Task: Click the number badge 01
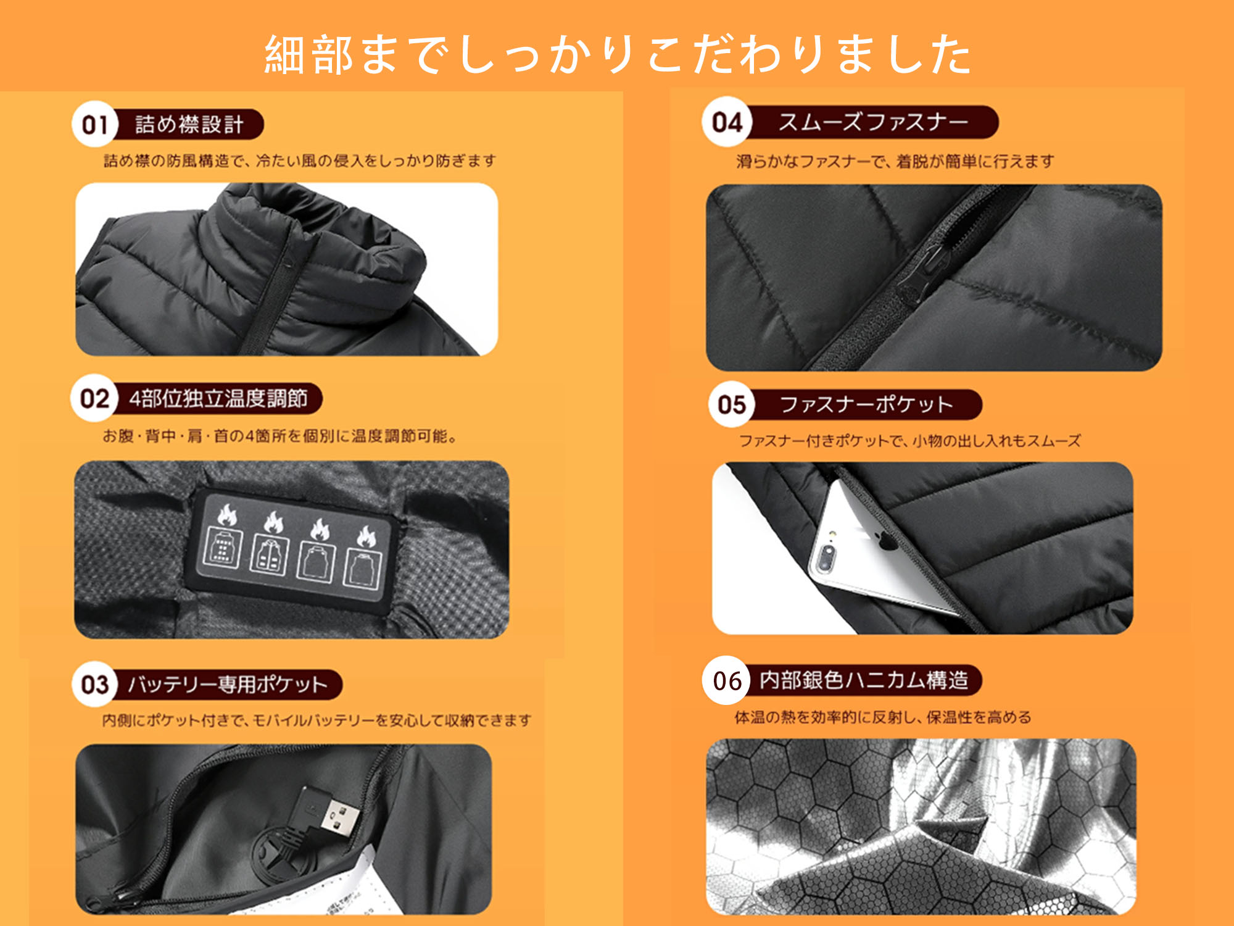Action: (x=94, y=124)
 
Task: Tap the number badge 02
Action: (x=94, y=398)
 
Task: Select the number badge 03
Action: (x=94, y=684)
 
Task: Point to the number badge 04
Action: (x=727, y=122)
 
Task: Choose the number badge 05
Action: (x=732, y=404)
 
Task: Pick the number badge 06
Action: (x=727, y=680)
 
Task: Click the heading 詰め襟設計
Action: (x=189, y=124)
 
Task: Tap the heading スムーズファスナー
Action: (x=872, y=122)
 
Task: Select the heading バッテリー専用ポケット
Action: (x=227, y=684)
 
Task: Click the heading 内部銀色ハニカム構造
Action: (x=864, y=680)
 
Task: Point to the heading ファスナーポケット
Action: (x=866, y=404)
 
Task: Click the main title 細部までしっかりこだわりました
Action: (x=618, y=54)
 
